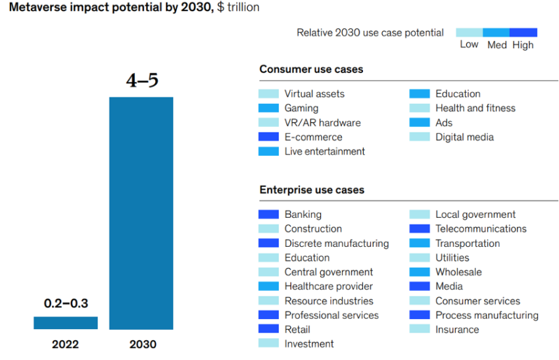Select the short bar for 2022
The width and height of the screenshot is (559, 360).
(65, 322)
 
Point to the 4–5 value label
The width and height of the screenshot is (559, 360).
(142, 82)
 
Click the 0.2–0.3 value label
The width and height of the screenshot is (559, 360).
(66, 303)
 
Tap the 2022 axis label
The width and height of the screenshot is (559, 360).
(65, 344)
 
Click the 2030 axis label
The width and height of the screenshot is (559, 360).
(143, 344)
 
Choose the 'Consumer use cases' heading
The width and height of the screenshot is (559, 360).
(311, 69)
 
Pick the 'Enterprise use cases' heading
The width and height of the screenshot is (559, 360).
(312, 190)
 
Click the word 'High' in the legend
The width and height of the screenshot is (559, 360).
(523, 45)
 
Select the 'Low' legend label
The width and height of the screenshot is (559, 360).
(469, 44)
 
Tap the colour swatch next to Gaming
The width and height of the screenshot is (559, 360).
(269, 108)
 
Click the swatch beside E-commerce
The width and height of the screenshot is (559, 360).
(269, 137)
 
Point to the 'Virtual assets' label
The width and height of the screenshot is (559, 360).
(314, 93)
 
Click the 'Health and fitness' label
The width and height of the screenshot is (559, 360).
(475, 108)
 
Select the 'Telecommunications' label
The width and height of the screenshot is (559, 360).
(481, 228)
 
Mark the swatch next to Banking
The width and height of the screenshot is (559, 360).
(269, 214)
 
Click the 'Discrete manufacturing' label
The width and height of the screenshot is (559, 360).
(337, 243)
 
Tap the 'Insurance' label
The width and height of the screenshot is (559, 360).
(457, 329)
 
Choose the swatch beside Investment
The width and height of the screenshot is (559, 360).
(269, 344)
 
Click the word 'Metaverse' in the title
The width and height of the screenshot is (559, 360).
(32, 8)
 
